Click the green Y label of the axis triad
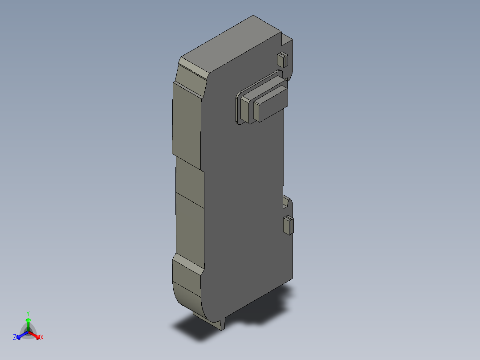click(28, 313)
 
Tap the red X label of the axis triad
click(42, 337)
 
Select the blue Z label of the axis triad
click(15, 337)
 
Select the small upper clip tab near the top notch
click(282, 59)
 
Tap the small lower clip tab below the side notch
click(289, 225)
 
